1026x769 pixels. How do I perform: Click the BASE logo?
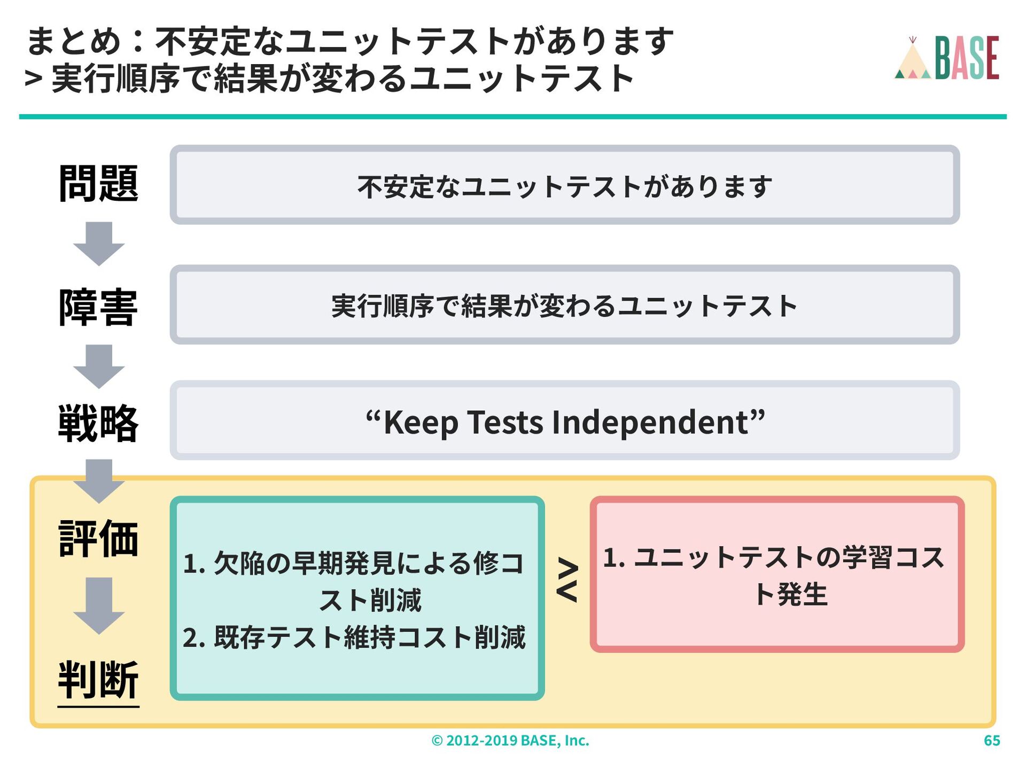(x=947, y=58)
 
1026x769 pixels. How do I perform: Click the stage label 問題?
(x=98, y=184)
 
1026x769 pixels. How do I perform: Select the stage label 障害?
(x=98, y=307)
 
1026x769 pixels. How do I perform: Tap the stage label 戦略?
(x=98, y=423)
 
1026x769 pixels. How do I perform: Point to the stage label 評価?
(x=98, y=538)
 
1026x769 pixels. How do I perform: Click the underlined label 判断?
(x=98, y=679)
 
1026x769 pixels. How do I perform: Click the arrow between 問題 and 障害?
(x=99, y=244)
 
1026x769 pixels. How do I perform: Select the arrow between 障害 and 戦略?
(x=99, y=366)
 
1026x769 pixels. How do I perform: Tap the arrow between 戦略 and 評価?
(x=99, y=481)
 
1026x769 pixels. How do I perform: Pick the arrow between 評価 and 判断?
(x=99, y=606)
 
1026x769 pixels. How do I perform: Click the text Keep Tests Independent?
(x=565, y=422)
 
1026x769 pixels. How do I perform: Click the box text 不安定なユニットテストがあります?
(x=565, y=186)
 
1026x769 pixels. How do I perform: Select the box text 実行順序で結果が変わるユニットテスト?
(x=565, y=306)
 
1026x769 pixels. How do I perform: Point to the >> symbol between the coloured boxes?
(x=568, y=580)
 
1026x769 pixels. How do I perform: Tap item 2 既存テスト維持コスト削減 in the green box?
(x=354, y=637)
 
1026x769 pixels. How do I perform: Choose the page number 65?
(x=992, y=741)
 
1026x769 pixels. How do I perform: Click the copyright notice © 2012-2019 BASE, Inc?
(x=510, y=741)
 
